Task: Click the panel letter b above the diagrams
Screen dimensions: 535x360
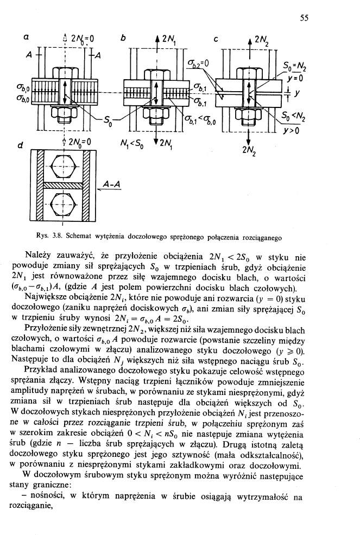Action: coord(123,39)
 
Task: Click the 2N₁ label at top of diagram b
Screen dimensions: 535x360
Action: coord(172,39)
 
